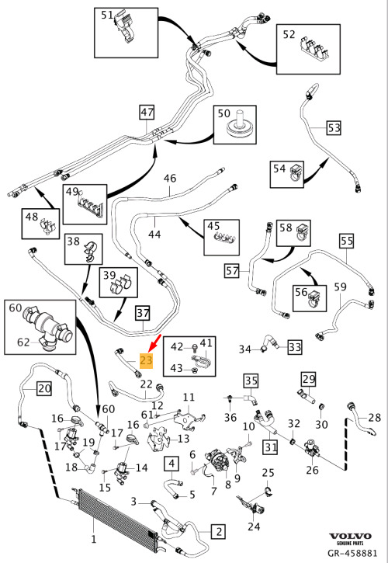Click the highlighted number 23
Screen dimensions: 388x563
pos(147,360)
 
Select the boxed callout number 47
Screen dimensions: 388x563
pos(147,113)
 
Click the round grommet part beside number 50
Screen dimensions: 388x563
pos(237,126)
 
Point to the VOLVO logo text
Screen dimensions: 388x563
pos(351,537)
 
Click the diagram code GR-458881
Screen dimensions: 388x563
pos(352,553)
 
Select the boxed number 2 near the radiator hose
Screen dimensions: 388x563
pos(218,531)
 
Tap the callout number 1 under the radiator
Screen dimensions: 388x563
pos(94,539)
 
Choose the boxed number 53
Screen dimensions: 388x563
pos(334,128)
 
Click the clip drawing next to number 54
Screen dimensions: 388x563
pos(296,172)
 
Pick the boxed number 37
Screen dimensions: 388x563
pos(143,313)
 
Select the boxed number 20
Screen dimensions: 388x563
pos(44,388)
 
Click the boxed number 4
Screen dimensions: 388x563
pos(171,464)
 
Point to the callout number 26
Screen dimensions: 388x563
pos(312,469)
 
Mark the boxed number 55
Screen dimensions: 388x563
pos(347,241)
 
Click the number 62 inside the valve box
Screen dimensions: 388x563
pos(23,342)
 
